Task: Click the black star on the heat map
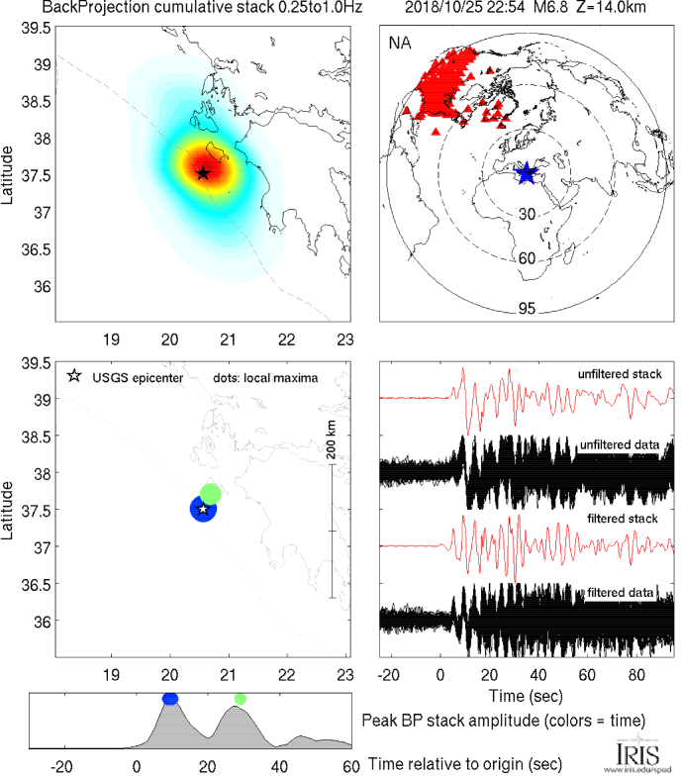(x=203, y=173)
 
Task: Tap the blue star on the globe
(x=526, y=172)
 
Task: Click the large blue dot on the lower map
(x=203, y=509)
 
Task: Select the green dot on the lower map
(x=211, y=493)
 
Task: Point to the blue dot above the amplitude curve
(x=170, y=699)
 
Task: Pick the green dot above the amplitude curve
(x=240, y=699)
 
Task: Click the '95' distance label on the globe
(x=527, y=309)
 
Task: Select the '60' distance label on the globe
(x=527, y=259)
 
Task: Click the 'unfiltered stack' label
(x=620, y=374)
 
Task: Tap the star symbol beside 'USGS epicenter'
(x=74, y=377)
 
